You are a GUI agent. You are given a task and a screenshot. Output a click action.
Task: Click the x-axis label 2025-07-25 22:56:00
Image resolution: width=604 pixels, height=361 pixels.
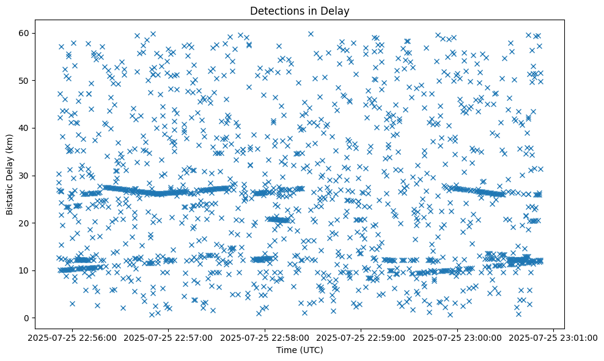(72, 337)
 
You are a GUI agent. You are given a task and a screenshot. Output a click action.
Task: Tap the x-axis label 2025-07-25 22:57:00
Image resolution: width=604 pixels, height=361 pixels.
(169, 337)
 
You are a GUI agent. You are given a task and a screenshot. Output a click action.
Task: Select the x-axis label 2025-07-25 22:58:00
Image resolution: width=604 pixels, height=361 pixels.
(265, 337)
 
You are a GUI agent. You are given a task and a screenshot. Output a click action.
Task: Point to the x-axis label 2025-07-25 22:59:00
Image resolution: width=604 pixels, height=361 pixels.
(361, 337)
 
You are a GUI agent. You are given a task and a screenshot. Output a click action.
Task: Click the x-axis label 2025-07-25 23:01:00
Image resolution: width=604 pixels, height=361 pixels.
(553, 337)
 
